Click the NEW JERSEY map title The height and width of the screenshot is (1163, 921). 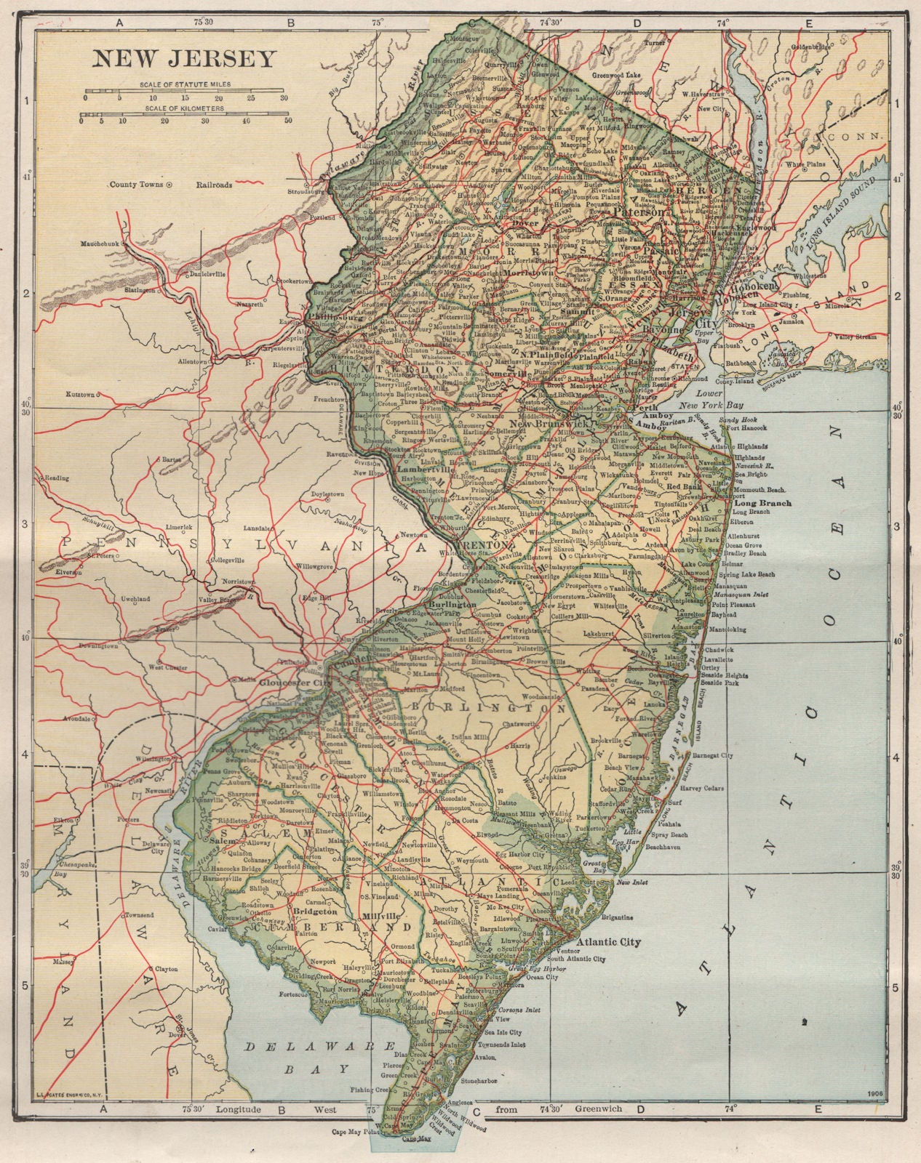183,58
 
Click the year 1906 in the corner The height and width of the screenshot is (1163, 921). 875,1094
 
